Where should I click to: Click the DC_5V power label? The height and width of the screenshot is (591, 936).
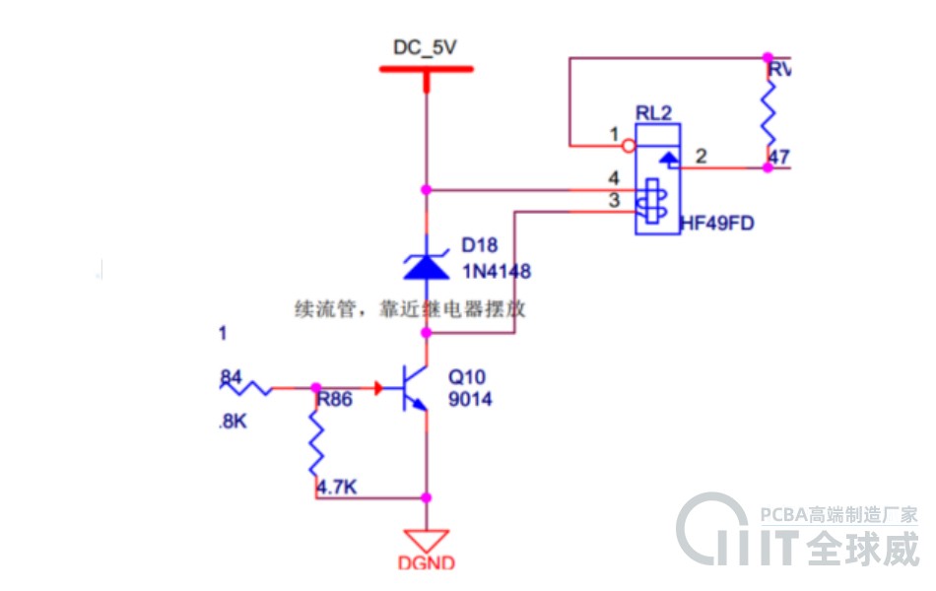(426, 47)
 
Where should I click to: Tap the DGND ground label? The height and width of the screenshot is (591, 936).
(427, 563)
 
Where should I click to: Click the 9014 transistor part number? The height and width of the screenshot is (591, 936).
(470, 400)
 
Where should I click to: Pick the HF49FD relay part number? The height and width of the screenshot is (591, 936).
(716, 224)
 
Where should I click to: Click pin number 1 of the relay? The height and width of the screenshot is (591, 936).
(614, 133)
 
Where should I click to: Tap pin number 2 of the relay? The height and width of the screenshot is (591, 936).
(701, 156)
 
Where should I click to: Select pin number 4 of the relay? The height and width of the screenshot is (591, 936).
(614, 178)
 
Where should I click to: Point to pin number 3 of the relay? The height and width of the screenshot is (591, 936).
(614, 201)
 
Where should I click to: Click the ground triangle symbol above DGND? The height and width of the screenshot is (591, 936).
(427, 540)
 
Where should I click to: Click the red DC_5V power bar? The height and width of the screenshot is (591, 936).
(427, 69)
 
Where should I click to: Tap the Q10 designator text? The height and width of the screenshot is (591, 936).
(467, 377)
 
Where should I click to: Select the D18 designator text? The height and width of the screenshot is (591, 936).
(480, 246)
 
